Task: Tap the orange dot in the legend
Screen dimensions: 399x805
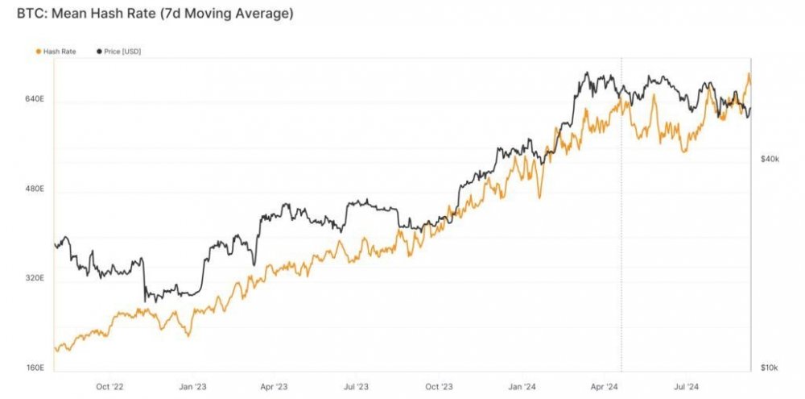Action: point(39,52)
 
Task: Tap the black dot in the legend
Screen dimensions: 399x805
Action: point(99,52)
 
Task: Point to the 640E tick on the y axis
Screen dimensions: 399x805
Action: point(35,99)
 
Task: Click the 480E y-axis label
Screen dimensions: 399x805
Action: point(35,189)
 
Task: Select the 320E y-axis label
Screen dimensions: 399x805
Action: point(35,279)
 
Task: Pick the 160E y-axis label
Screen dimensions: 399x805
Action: point(35,368)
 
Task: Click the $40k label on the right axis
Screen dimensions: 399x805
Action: point(769,159)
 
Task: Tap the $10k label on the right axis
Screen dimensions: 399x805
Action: point(769,368)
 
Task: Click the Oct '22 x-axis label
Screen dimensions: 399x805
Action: point(109,386)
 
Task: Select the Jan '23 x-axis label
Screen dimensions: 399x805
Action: point(192,386)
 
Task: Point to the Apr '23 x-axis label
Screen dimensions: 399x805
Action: point(274,386)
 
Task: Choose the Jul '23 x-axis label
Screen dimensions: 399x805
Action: point(357,386)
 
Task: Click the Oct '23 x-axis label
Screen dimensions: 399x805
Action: point(439,386)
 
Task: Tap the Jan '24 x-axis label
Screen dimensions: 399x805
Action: point(522,386)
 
